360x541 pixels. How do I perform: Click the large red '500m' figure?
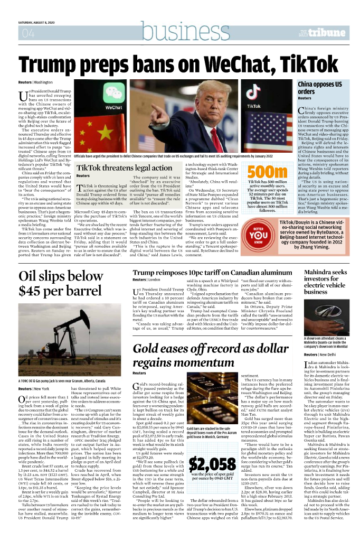[x=267, y=172]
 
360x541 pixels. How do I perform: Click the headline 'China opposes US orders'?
[x=320, y=88]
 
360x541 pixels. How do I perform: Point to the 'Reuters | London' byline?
[x=146, y=279]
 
